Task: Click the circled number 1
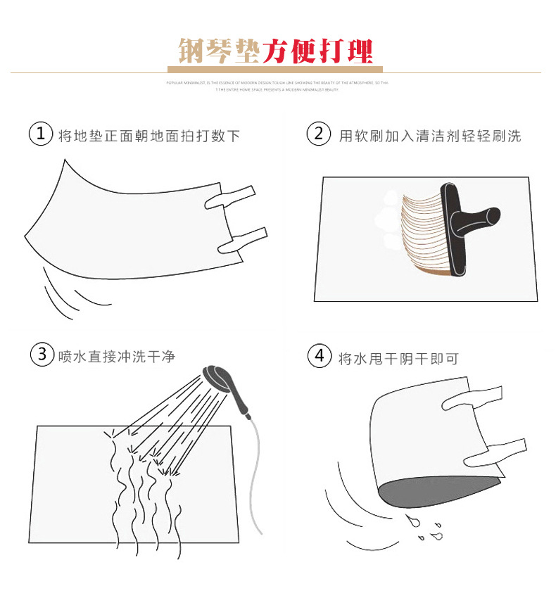tap(41, 134)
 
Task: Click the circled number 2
tap(319, 134)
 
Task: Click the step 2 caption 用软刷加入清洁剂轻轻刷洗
tap(429, 136)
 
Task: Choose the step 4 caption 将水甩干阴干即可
tap(398, 358)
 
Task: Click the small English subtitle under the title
tap(277, 86)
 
